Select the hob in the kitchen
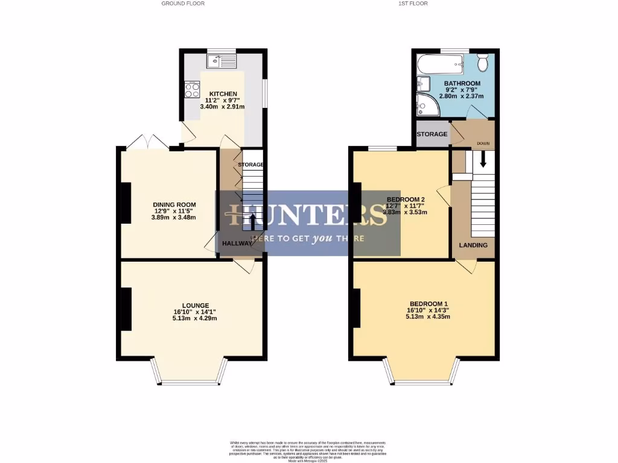193,90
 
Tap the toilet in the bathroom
483,63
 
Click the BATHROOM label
462,83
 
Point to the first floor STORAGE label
432,134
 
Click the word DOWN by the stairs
483,143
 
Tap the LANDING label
473,245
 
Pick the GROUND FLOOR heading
183,4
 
